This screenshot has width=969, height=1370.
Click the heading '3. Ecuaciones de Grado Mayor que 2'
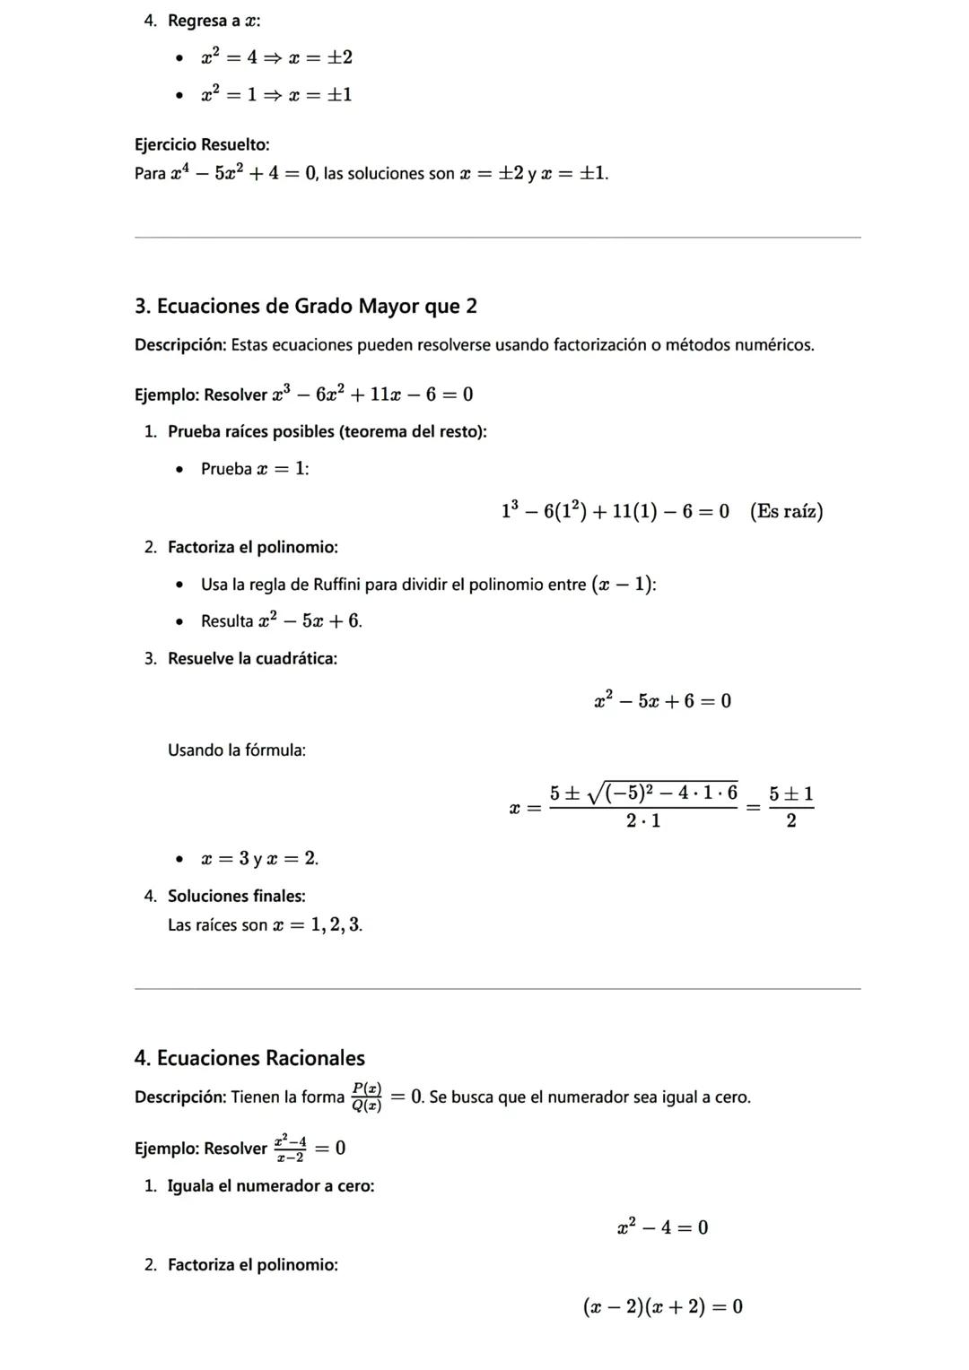click(305, 307)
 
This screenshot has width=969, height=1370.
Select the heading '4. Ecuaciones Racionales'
click(249, 1058)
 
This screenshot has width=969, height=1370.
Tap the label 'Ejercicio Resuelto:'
click(202, 144)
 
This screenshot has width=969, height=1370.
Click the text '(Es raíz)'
click(786, 511)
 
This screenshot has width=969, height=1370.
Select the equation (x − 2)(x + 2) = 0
click(662, 1306)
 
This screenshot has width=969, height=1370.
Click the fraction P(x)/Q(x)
click(366, 1097)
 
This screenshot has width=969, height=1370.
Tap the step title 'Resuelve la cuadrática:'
click(252, 659)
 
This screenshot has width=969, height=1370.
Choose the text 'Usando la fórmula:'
click(237, 750)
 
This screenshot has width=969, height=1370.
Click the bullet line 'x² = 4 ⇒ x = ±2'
click(276, 57)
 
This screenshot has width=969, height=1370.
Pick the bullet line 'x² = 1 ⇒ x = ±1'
click(276, 94)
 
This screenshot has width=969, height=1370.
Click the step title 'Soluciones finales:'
click(236, 896)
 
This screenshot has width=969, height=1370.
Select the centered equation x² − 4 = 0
click(662, 1227)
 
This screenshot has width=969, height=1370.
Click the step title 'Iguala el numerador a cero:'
click(271, 1186)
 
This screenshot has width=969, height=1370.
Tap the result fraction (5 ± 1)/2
click(790, 807)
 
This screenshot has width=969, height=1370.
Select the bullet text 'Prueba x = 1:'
click(255, 469)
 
